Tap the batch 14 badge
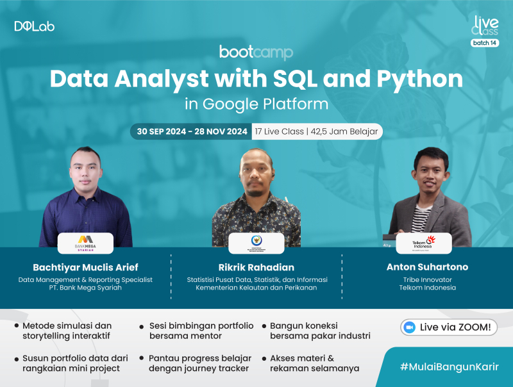pos(484,43)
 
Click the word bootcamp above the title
pos(256,53)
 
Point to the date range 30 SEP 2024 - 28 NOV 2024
pos(191,131)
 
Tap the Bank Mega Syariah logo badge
pos(85,243)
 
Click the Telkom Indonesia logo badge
pos(423,243)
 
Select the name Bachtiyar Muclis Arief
pos(85,267)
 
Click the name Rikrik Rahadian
pos(256,267)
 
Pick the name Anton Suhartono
pos(426,267)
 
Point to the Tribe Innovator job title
pos(426,279)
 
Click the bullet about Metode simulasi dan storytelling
pos(67,331)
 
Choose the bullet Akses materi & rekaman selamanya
pos(314,363)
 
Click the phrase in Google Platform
pos(256,103)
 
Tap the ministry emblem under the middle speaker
pos(256,243)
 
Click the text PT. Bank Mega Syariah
pos(85,288)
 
